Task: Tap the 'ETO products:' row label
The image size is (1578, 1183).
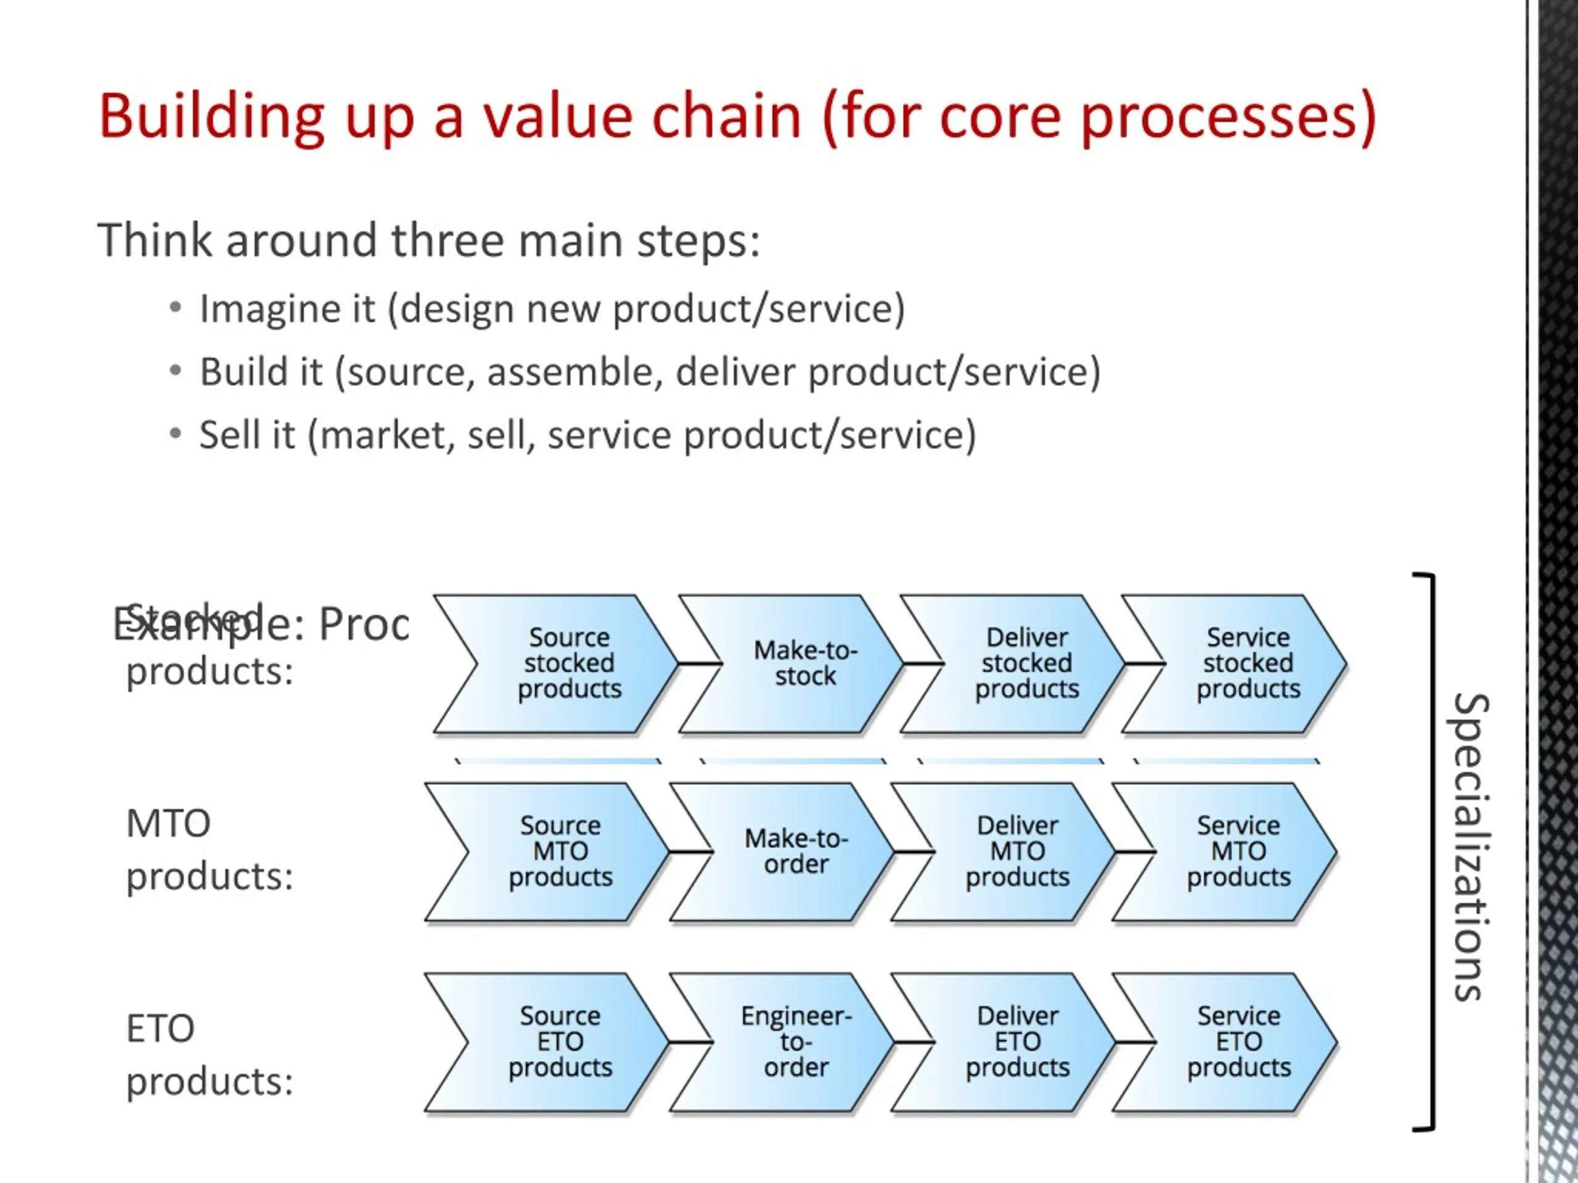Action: [209, 1055]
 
